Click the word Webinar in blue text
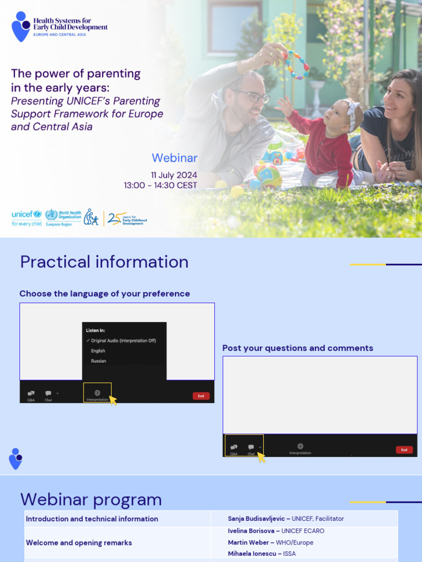174,159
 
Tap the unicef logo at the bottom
26,217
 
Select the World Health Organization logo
63,217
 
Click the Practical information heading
104,262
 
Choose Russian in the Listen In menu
98,361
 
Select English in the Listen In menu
98,351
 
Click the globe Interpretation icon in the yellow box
97,393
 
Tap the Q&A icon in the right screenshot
234,447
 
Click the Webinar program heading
91,499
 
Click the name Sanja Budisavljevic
257,519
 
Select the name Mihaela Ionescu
252,554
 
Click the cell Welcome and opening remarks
79,543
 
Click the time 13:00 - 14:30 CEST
160,186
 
